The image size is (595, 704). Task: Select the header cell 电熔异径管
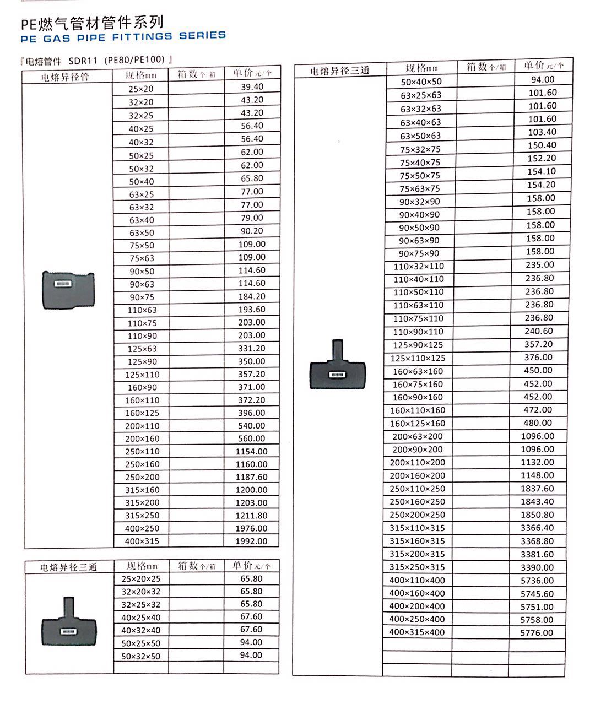point(65,77)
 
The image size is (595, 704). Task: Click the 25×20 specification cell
point(142,89)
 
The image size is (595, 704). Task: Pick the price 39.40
point(252,86)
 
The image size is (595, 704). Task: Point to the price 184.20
point(252,296)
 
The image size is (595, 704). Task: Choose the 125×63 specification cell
point(142,349)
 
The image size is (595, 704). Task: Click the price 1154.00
point(251,451)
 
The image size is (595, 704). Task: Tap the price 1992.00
point(251,541)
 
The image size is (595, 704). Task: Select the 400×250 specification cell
point(142,528)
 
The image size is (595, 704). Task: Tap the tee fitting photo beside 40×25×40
point(68,622)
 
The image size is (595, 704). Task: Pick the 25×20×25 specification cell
point(141,578)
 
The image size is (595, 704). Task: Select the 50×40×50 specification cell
point(421,82)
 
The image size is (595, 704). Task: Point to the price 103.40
point(542,132)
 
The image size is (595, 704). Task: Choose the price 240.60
point(539,331)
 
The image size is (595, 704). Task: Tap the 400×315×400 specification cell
point(417,632)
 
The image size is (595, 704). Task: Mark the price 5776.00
point(537,633)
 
